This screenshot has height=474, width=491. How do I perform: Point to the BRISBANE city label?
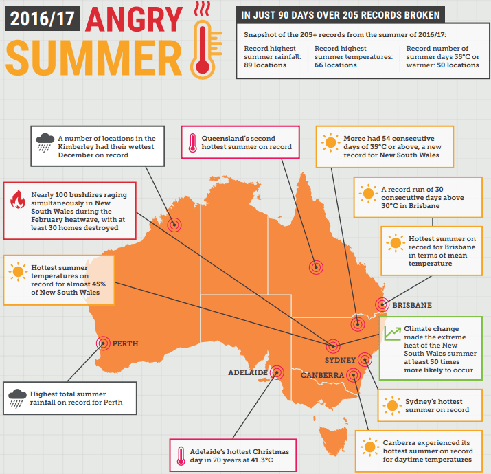[x=412, y=305]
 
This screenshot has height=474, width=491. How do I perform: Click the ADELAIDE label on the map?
[x=248, y=372]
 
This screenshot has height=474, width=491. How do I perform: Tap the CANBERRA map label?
[x=322, y=375]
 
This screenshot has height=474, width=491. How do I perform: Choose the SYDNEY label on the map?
[x=340, y=360]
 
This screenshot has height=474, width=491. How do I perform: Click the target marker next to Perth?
[x=104, y=343]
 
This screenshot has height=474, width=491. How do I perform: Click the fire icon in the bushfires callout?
[x=18, y=201]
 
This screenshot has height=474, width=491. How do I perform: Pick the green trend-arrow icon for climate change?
[x=392, y=332]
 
